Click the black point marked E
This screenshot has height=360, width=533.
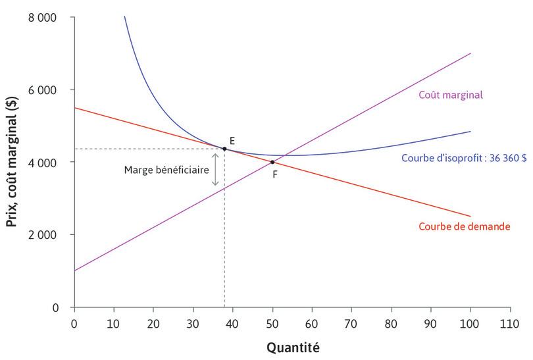click(x=224, y=149)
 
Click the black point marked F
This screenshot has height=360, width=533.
click(x=272, y=162)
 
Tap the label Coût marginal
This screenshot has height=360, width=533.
click(x=451, y=94)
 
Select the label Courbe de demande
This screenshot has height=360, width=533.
click(x=465, y=226)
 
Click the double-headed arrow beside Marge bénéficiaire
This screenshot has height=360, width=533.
click(x=215, y=169)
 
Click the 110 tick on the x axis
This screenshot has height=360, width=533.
click(x=510, y=323)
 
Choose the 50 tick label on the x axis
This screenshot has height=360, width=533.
click(x=272, y=323)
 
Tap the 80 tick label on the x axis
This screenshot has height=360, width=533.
click(x=392, y=323)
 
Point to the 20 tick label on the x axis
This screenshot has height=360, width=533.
click(x=153, y=323)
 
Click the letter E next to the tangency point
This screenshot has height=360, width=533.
click(x=232, y=141)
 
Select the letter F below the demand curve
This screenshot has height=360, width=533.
click(x=275, y=174)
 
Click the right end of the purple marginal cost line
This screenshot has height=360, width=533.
click(x=470, y=53)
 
